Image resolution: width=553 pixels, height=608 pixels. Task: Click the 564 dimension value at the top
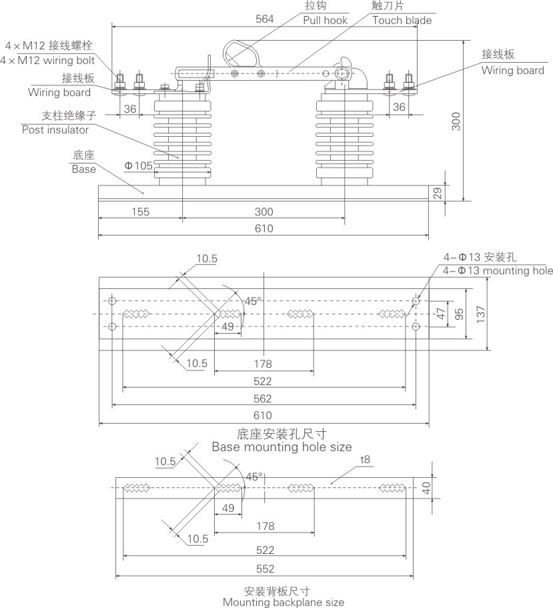[264, 19]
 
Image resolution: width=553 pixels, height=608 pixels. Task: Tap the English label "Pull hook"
[326, 20]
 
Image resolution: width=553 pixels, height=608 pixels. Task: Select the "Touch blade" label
[402, 20]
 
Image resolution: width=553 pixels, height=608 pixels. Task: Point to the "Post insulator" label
[55, 129]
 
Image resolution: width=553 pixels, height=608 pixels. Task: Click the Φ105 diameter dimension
[138, 165]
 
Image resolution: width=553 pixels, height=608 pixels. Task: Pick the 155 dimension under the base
[139, 212]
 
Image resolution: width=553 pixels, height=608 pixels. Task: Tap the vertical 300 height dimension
[456, 121]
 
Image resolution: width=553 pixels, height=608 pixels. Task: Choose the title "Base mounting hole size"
[282, 446]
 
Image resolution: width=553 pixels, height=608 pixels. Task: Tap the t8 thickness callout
[365, 460]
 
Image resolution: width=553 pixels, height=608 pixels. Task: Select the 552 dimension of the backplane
[264, 569]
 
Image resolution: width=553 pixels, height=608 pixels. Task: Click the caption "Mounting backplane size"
[284, 602]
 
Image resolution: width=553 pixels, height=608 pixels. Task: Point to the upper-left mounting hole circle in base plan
[112, 302]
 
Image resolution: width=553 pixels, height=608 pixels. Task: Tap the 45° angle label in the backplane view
[254, 477]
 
